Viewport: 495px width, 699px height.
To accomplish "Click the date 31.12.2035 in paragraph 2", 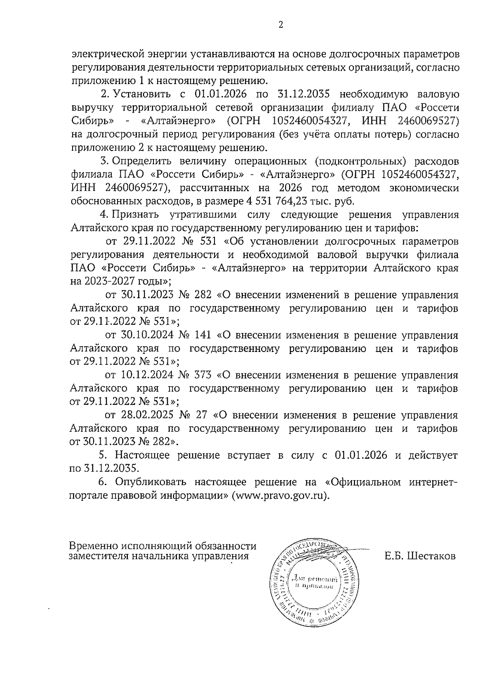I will click(304, 94).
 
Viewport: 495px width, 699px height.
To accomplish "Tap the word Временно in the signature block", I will click(93, 546).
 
